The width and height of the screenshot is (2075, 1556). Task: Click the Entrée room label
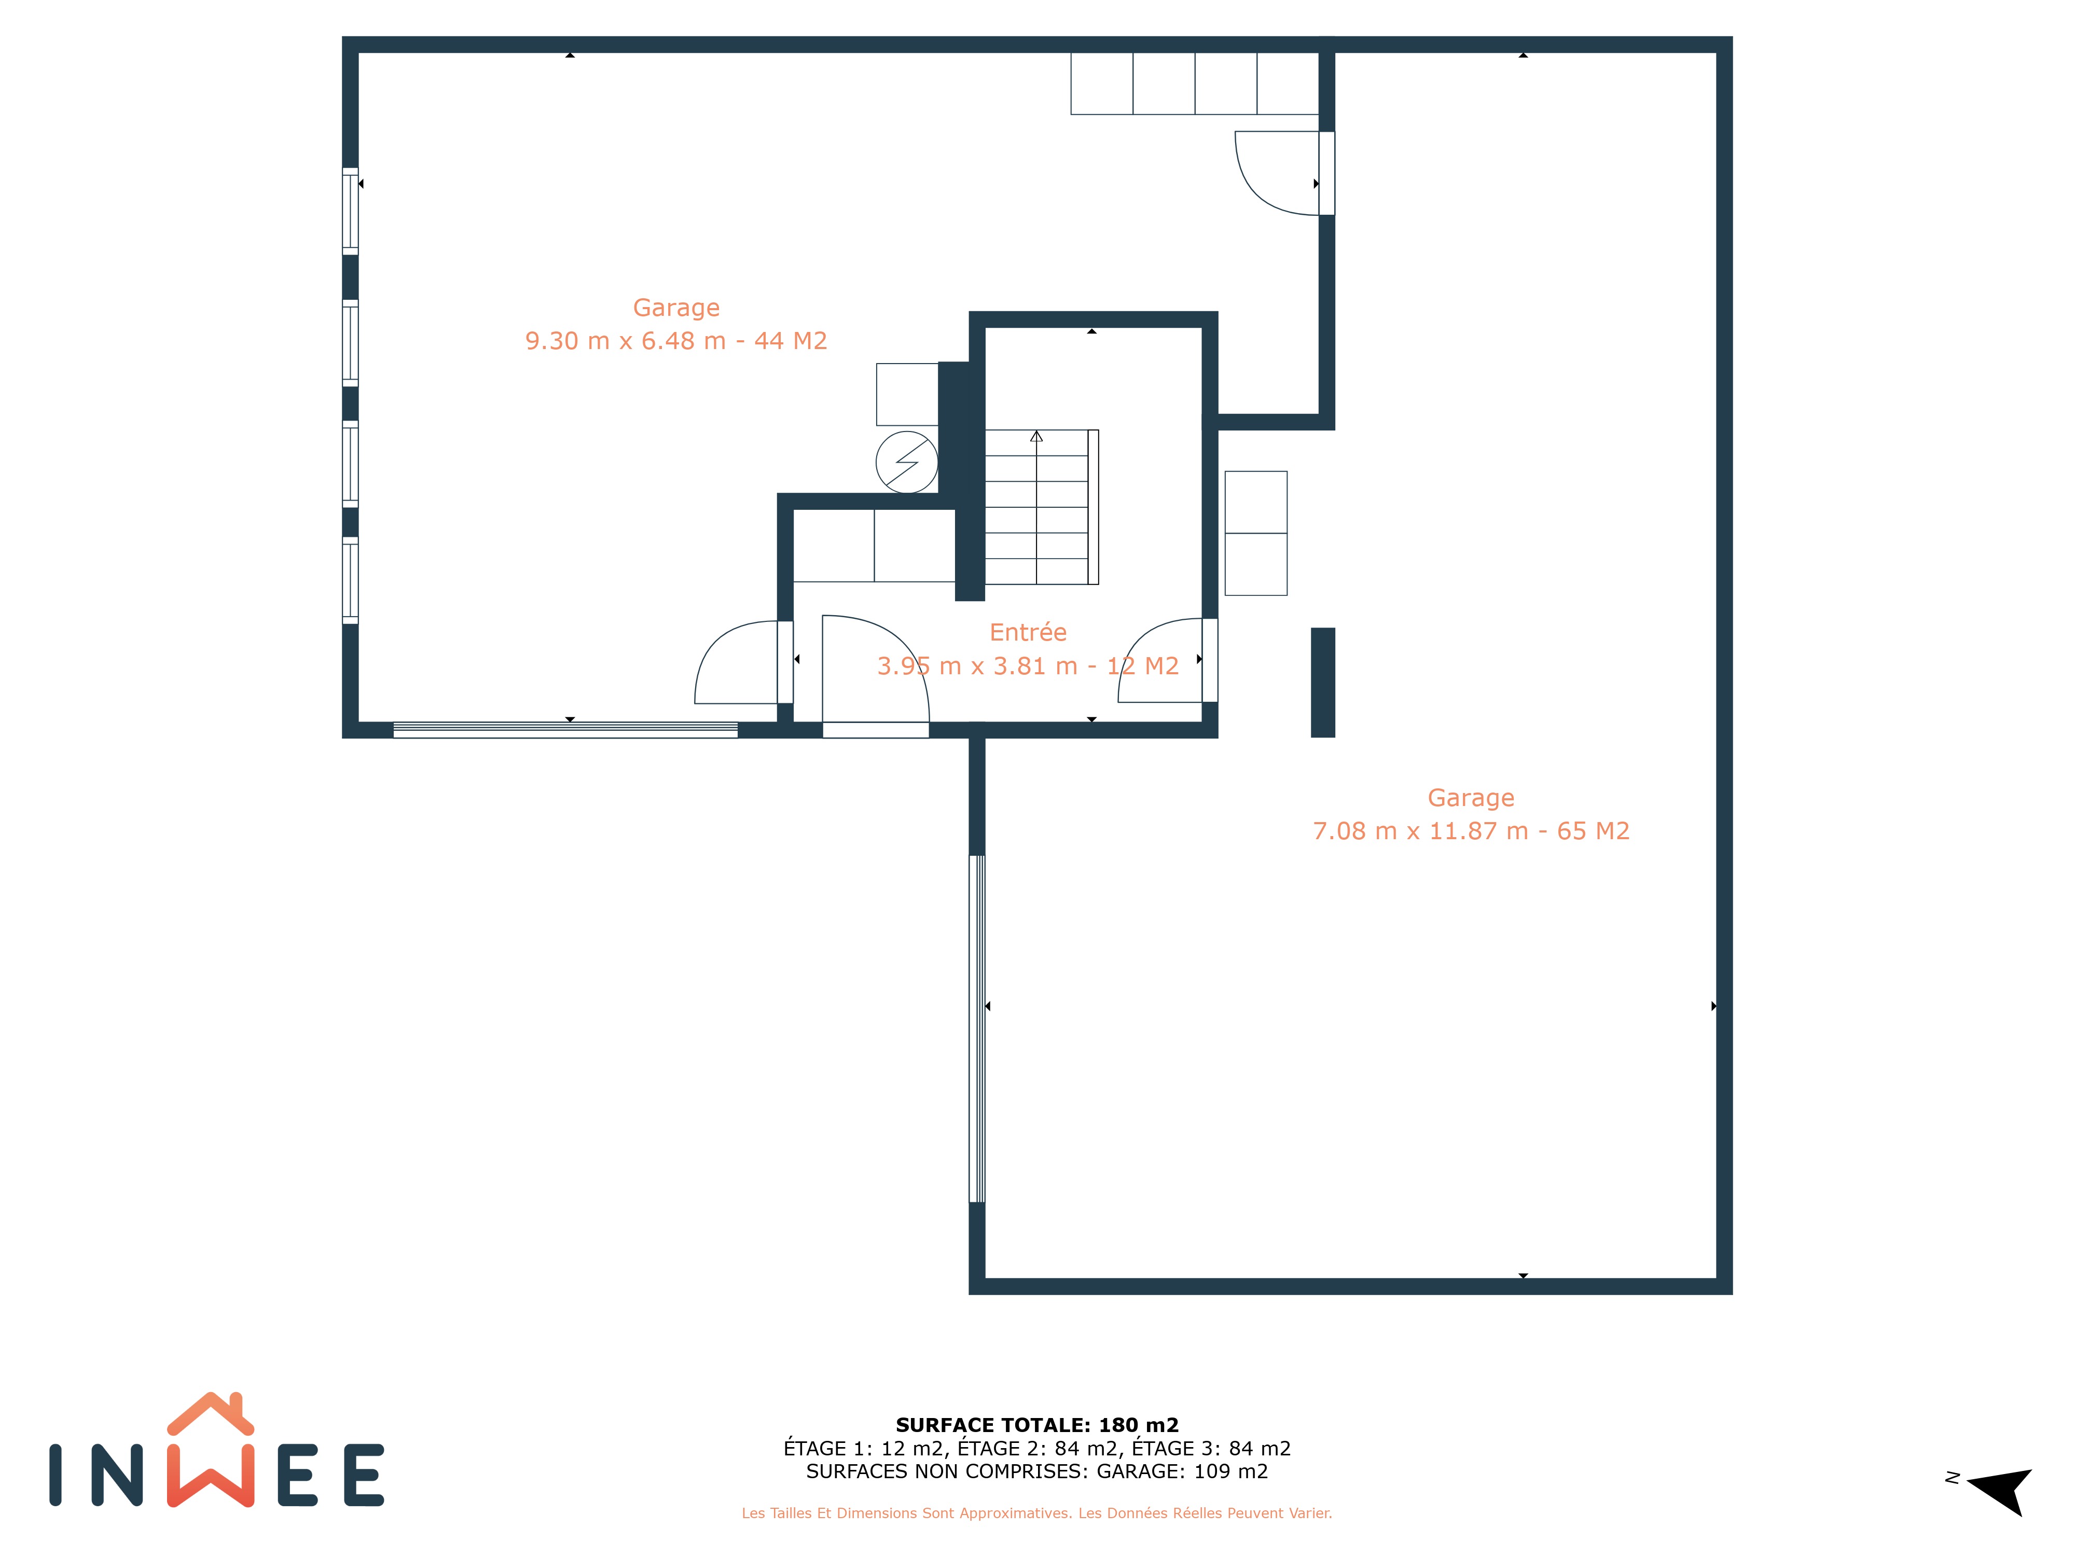click(1028, 632)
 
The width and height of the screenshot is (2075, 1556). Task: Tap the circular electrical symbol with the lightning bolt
click(906, 462)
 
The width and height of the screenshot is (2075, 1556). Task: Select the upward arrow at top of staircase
click(1036, 436)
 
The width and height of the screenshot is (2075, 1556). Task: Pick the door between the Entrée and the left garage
click(743, 662)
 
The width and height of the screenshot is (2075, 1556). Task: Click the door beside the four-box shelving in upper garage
click(1284, 174)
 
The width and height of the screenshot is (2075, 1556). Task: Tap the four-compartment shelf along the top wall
click(1195, 84)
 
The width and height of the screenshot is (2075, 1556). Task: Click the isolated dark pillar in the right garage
click(1323, 683)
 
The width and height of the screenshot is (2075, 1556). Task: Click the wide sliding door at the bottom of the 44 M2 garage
click(565, 730)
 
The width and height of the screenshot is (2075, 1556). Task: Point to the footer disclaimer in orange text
click(1036, 1513)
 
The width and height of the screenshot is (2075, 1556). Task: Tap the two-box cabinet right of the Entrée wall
click(1256, 533)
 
